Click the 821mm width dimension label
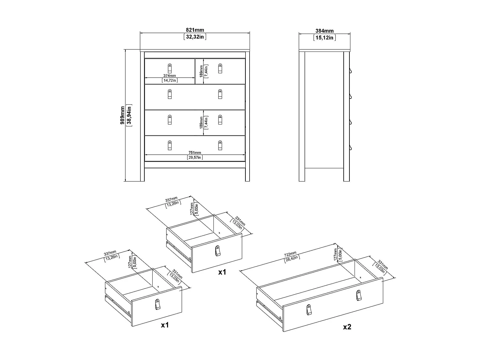coord(195,30)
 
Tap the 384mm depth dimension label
coord(324,31)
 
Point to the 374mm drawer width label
coord(170,76)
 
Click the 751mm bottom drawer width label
coord(195,153)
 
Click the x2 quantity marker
coord(347,327)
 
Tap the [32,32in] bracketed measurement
coord(195,37)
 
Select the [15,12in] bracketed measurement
coord(324,38)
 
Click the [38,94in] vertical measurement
coord(129,116)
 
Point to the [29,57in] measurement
coord(195,157)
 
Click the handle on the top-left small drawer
coord(170,68)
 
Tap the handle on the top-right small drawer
coord(220,68)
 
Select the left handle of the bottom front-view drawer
coord(170,145)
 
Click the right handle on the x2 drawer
coord(359,295)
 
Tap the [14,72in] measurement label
coord(170,80)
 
